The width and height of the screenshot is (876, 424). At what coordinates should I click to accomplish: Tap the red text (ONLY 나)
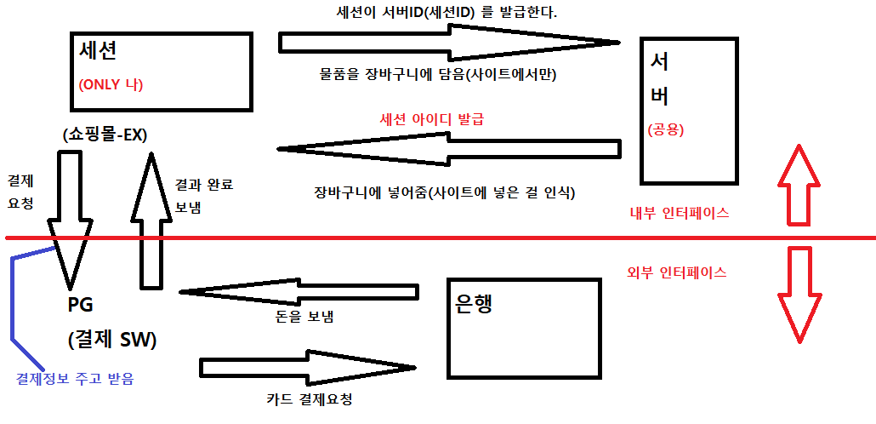[111, 85]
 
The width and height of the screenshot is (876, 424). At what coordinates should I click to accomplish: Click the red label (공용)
[666, 130]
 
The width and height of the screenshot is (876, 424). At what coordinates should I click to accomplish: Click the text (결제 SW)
[111, 339]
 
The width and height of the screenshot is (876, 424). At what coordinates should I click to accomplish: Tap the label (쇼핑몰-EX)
[105, 135]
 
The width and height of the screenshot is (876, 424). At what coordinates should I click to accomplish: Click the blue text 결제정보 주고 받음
[75, 378]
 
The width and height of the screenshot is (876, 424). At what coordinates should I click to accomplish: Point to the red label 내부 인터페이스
[678, 214]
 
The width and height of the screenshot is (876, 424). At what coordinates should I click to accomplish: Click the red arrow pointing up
[799, 185]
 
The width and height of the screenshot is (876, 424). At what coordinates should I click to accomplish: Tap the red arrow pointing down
[799, 295]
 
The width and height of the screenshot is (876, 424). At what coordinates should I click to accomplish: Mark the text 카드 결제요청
[309, 398]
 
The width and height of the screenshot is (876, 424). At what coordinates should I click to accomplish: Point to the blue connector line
[14, 298]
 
